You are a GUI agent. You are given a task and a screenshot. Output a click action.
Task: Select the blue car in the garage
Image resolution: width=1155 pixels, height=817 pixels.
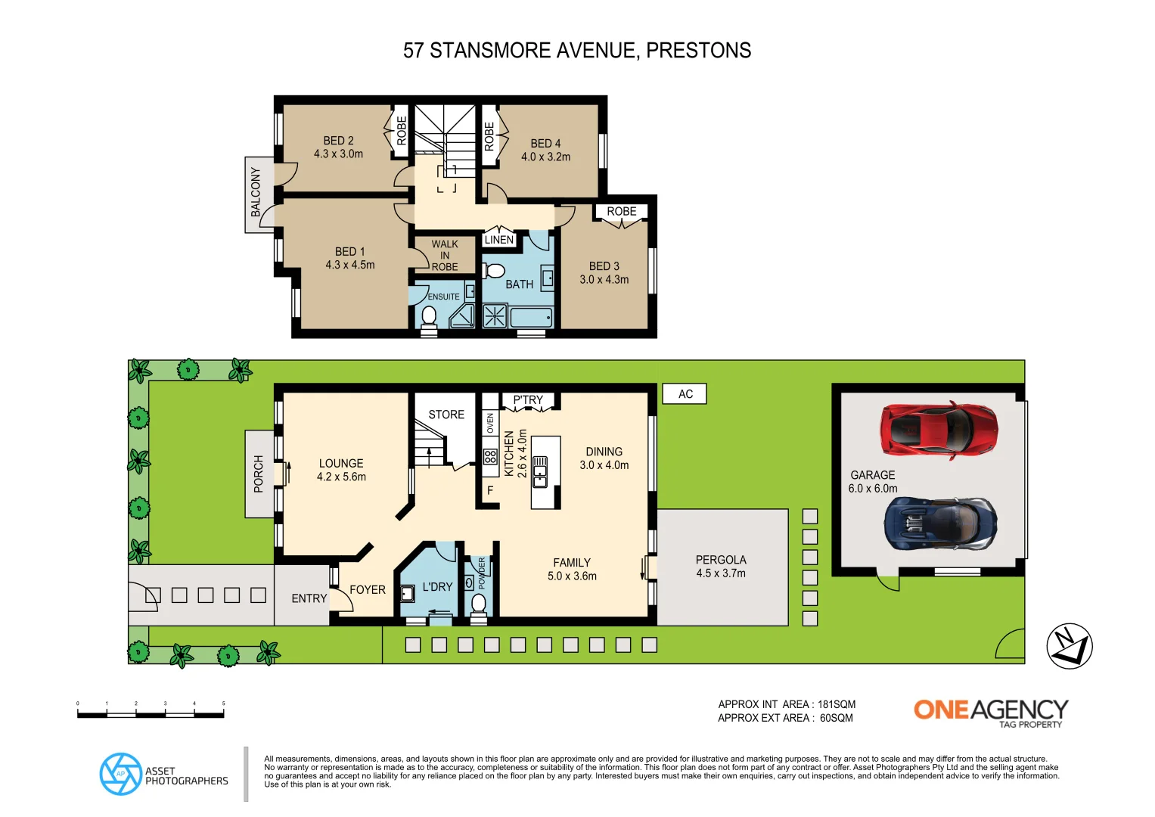[x=940, y=523]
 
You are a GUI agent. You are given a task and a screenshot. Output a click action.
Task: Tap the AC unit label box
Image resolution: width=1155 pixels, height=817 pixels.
[x=685, y=394]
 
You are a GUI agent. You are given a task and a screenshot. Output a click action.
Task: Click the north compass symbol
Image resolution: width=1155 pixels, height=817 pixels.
[x=1069, y=646]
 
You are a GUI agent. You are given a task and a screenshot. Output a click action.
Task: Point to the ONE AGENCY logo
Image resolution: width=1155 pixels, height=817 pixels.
[x=990, y=712]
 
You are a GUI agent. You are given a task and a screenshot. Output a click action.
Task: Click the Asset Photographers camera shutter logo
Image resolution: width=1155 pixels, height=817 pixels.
[x=121, y=774]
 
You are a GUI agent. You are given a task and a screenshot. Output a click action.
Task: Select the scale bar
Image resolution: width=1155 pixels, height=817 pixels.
[x=151, y=713]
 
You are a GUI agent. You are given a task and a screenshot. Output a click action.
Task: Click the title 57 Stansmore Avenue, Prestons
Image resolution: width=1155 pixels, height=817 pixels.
[x=577, y=51]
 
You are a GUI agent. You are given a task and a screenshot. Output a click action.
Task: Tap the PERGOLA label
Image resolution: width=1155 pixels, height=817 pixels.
[x=721, y=560]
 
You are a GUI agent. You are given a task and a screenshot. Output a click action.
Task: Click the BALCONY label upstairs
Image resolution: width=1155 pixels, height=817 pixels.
[x=256, y=194]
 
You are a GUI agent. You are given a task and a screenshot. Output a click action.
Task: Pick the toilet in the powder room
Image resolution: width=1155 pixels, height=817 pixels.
[x=478, y=604]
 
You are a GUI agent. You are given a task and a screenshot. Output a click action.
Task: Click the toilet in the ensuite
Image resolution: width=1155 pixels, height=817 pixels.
[x=429, y=315]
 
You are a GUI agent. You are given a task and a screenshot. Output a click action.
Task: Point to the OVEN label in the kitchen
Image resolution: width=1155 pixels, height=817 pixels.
[x=490, y=423]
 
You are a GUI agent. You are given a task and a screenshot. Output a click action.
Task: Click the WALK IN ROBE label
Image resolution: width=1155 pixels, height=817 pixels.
[x=445, y=256]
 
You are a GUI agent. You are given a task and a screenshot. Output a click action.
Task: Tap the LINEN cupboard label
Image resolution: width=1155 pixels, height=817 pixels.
[x=498, y=240]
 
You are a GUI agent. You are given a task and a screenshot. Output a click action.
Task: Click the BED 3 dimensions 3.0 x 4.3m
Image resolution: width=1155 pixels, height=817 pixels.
[x=604, y=280]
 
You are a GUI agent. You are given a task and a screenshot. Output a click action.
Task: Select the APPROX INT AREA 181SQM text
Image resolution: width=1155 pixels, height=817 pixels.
[x=787, y=704]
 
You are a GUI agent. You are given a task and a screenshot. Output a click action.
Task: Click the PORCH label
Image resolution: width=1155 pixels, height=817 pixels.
[x=259, y=474]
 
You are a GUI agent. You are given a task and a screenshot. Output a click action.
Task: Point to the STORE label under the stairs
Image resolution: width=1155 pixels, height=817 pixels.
[x=446, y=415]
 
